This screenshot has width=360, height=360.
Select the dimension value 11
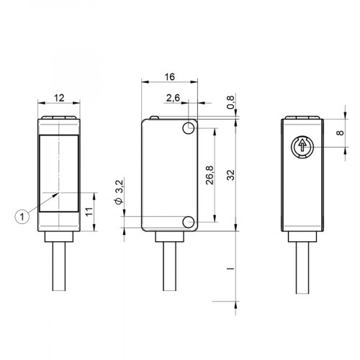pyautogui.click(x=89, y=211)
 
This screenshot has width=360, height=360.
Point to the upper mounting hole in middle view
pyautogui.click(x=189, y=128)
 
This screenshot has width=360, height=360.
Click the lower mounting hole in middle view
pyautogui.click(x=189, y=222)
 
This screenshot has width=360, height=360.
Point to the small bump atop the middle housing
pyautogui.click(x=153, y=116)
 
